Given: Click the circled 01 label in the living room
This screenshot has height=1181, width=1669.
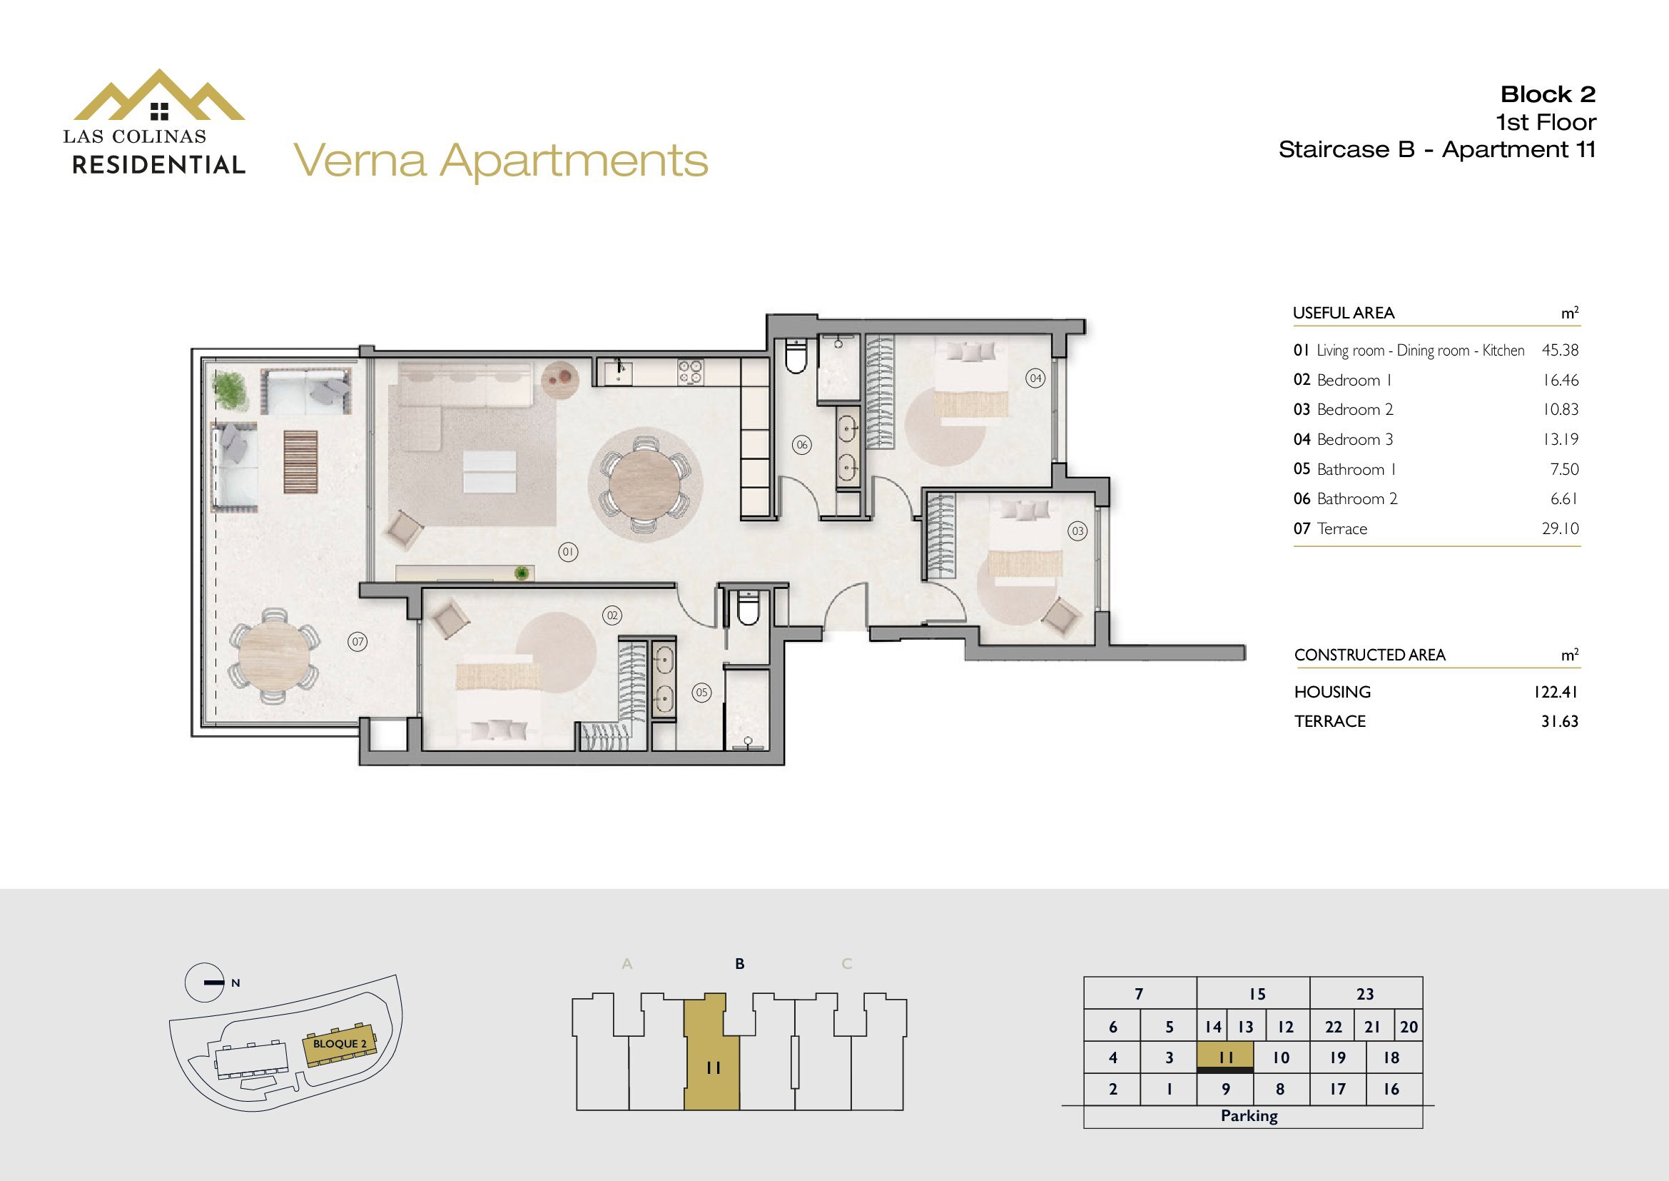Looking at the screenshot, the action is click(568, 553).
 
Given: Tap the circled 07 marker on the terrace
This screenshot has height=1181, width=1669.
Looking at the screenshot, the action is click(357, 642).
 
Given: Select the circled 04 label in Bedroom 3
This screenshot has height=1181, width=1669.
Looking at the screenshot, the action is click(1035, 378).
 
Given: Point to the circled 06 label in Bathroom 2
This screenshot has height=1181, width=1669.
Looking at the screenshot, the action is click(802, 445).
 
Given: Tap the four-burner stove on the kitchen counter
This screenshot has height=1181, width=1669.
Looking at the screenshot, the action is click(691, 371).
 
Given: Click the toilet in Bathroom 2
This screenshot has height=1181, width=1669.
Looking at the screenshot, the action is click(796, 356).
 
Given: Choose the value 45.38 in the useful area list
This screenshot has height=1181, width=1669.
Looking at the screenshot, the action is click(1560, 351).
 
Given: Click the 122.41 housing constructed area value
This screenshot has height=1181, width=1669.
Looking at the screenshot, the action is click(1556, 692).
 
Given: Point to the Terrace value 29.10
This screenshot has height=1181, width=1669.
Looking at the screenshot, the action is click(1561, 528).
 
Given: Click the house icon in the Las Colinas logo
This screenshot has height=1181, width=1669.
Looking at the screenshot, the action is click(159, 111).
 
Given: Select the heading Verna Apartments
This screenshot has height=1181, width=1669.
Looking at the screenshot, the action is click(501, 161).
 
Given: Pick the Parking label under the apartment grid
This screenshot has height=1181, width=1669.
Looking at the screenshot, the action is click(1249, 1115).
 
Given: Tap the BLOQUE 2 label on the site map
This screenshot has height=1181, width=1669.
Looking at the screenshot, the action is click(340, 1044).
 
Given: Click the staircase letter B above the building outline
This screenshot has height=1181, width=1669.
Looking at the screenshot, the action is click(740, 963).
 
